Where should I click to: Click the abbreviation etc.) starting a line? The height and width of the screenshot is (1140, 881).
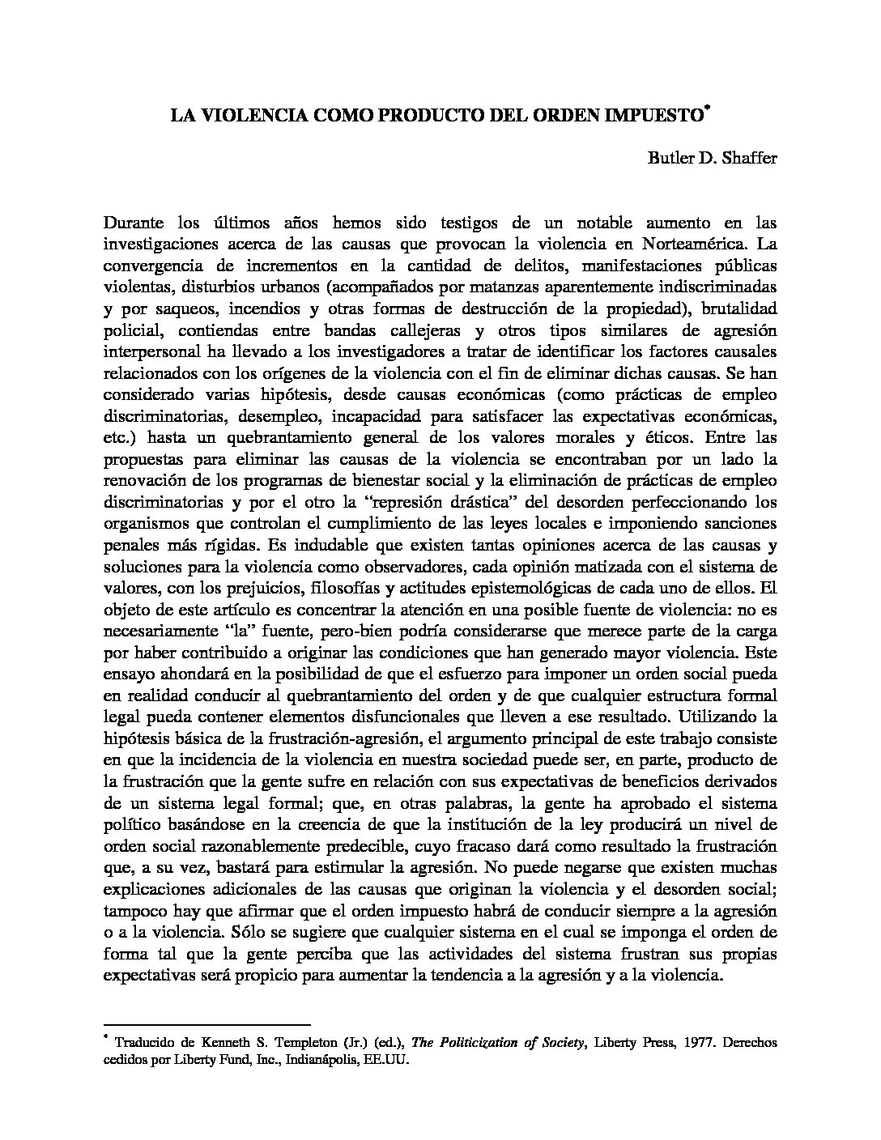[x=120, y=438]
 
